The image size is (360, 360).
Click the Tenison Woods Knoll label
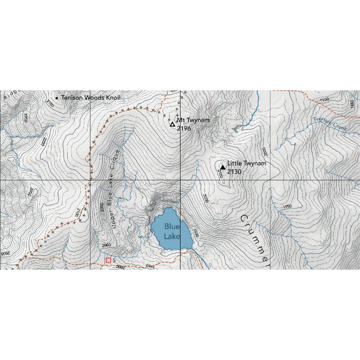pyautogui.click(x=91, y=98)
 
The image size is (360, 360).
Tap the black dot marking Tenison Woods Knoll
pyautogui.click(x=57, y=98)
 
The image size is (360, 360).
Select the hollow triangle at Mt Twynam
pyautogui.click(x=172, y=124)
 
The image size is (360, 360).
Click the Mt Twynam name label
pyautogui.click(x=193, y=120)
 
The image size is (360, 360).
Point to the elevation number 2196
pyautogui.click(x=184, y=129)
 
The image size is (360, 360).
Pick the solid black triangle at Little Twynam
pyautogui.click(x=223, y=167)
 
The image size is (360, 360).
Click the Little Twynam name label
pyautogui.click(x=247, y=163)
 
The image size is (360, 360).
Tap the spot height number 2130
pyautogui.click(x=234, y=172)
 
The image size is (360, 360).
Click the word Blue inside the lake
pyautogui.click(x=172, y=227)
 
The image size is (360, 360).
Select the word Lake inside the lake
pyautogui.click(x=172, y=236)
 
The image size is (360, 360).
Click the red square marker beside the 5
pyautogui.click(x=108, y=260)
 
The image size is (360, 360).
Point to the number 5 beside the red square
pyautogui.click(x=114, y=260)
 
